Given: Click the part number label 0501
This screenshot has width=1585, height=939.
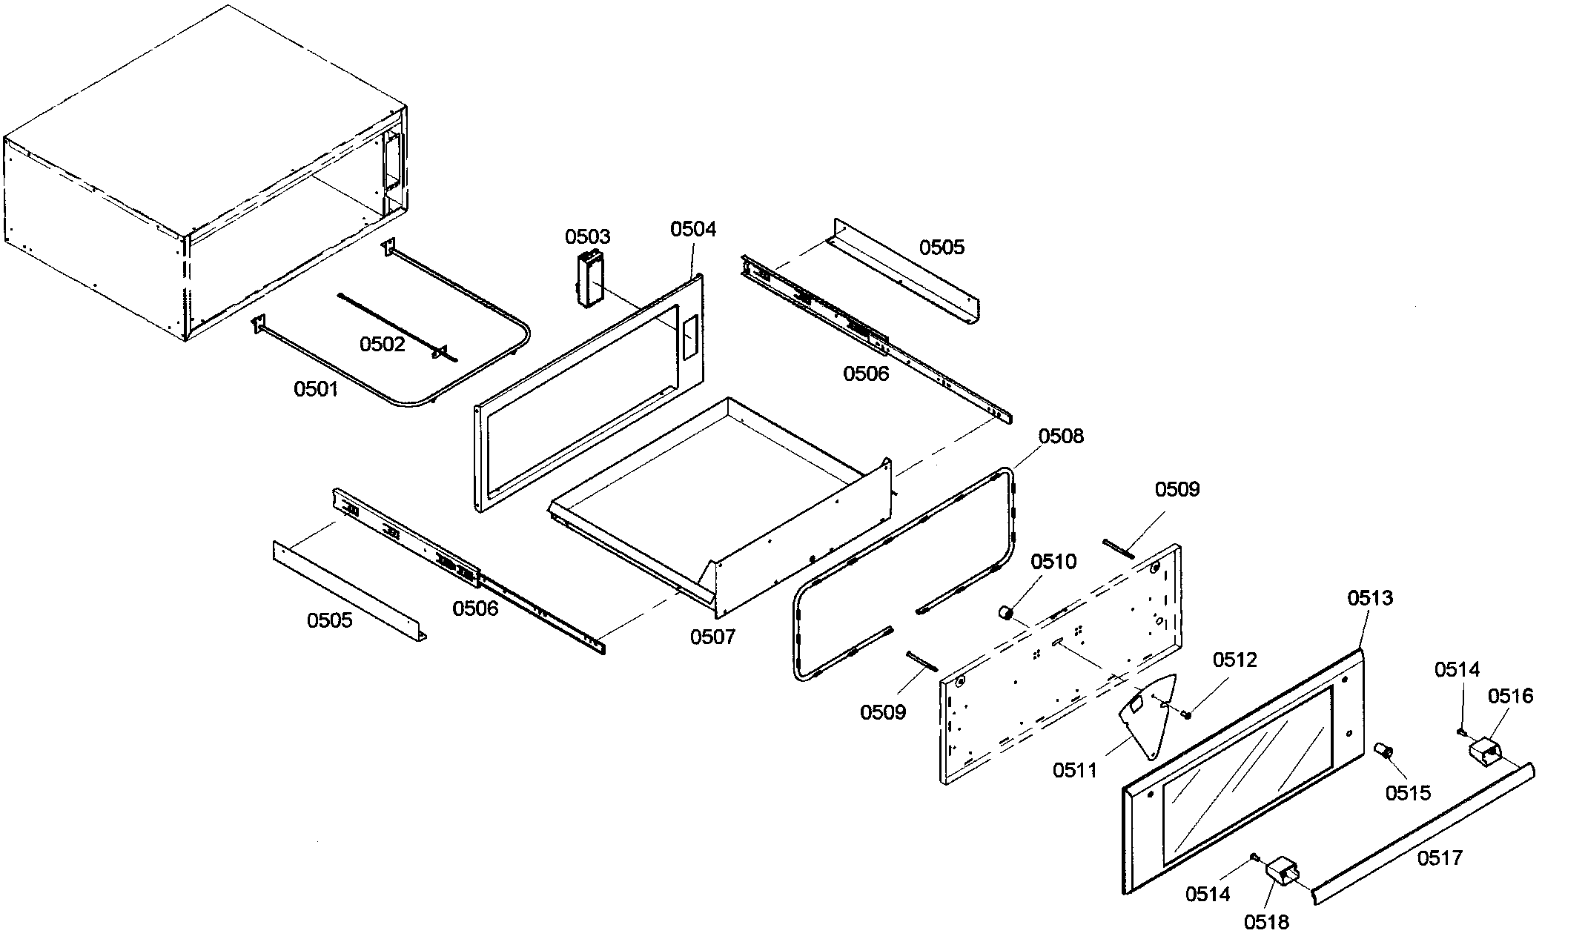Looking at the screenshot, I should [316, 389].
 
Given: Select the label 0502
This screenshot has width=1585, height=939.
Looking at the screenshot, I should [383, 344].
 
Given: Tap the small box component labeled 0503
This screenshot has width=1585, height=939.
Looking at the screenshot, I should [589, 279].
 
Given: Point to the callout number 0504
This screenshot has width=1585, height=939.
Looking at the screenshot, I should [693, 229].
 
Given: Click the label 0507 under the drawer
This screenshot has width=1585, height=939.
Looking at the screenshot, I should [712, 637].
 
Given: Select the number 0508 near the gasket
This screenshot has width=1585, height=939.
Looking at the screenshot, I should [1061, 437].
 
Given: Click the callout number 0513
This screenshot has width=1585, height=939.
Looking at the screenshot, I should [1370, 598].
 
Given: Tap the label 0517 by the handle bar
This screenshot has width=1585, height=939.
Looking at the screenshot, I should [1440, 858].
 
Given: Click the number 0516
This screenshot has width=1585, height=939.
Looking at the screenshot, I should [1510, 696].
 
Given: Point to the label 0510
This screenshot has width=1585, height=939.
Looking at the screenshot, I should [1053, 563].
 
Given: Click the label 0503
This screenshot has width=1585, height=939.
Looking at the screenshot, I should [587, 237].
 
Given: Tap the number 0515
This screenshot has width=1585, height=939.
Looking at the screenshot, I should [1408, 793].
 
